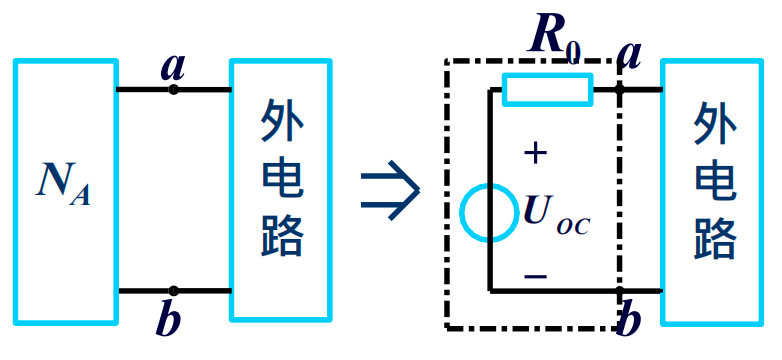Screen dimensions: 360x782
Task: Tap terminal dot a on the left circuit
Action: (173, 90)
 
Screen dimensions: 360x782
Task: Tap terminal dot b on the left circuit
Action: (173, 291)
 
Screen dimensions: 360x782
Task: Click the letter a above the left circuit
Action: (173, 67)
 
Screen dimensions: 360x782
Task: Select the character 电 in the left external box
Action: (281, 180)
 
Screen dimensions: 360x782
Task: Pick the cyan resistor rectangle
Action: (547, 90)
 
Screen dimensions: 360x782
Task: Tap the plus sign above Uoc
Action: (537, 153)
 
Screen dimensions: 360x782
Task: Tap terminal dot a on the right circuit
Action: (621, 90)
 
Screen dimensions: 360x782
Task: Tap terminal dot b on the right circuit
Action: (621, 291)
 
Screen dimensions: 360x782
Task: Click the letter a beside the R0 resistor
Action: (630, 55)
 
